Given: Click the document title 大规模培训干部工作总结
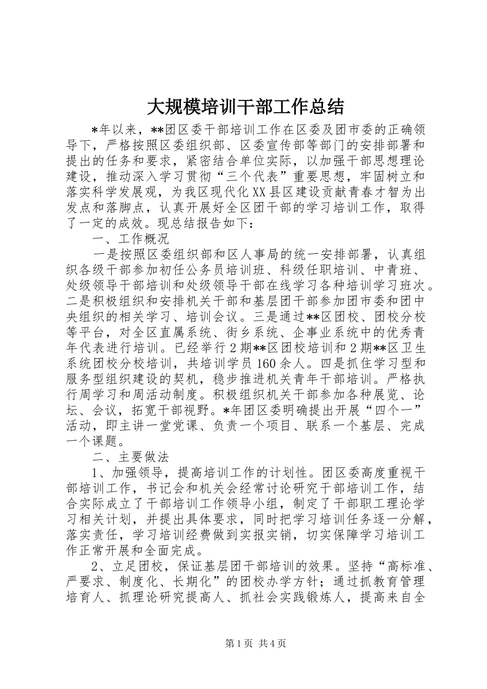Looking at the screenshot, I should pyautogui.click(x=246, y=107).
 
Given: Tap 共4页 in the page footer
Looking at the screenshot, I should pyautogui.click(x=272, y=643).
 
